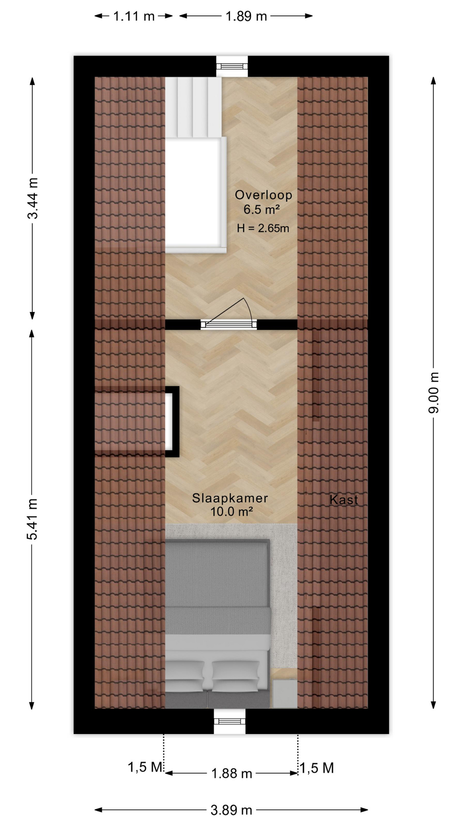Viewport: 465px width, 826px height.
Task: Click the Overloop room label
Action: (263, 195)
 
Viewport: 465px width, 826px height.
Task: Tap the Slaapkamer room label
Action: (230, 498)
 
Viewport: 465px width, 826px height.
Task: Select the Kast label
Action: (344, 500)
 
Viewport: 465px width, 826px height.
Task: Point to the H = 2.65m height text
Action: (263, 228)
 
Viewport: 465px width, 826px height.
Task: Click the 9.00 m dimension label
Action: (434, 393)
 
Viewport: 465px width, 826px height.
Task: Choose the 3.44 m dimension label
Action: (33, 198)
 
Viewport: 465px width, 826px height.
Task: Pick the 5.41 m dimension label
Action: (32, 519)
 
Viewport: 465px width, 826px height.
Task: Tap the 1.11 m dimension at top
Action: (134, 16)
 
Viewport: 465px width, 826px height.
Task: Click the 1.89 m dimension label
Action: (246, 16)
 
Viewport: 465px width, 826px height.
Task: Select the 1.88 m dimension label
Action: (232, 774)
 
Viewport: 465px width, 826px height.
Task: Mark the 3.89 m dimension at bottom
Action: (231, 811)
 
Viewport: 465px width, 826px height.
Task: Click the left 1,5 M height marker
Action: (145, 767)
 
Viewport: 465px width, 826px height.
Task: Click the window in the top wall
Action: (232, 66)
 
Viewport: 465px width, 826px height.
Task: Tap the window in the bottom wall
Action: (230, 721)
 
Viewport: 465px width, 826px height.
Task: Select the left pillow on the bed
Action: (185, 676)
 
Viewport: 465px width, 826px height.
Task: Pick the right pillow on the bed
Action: (235, 676)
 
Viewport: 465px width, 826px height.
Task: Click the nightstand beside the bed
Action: (285, 693)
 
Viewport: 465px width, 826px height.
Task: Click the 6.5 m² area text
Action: (262, 210)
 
